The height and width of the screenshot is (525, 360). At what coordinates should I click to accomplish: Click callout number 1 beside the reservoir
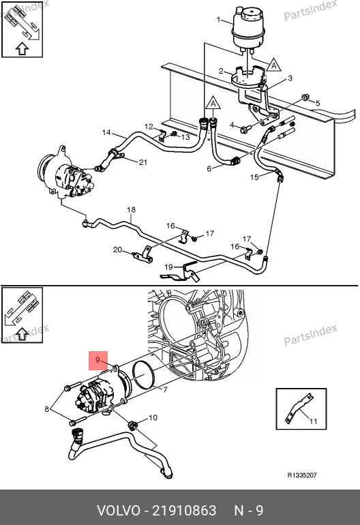pos(219,20)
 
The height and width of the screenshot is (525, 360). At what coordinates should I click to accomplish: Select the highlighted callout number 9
pos(97,360)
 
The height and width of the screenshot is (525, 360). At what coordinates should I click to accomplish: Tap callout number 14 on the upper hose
pos(106,132)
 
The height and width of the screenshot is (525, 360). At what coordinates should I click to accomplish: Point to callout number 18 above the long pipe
pos(132,209)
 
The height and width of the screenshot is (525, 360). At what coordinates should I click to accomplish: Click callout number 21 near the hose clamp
pos(143,162)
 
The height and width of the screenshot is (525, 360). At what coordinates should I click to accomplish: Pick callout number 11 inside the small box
pos(313,421)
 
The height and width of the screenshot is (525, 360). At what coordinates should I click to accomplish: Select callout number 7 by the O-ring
pos(165,390)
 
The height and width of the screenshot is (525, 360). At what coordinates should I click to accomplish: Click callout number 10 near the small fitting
pos(153,417)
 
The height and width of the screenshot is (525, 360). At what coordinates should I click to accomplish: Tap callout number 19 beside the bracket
pos(168,267)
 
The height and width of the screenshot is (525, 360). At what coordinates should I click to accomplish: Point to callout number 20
pos(117,250)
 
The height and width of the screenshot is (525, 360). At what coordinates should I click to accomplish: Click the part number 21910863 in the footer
pos(185,511)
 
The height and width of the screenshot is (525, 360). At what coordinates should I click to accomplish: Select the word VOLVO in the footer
pos(119,511)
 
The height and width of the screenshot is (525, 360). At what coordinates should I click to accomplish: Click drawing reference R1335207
pos(302,475)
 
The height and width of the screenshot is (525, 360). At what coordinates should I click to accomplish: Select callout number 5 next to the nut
pos(318,103)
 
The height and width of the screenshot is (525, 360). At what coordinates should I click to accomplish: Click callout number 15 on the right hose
pos(254,177)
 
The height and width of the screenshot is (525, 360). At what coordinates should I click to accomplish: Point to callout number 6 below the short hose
pos(209,169)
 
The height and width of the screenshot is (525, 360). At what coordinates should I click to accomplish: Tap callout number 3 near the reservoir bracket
pos(290,78)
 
